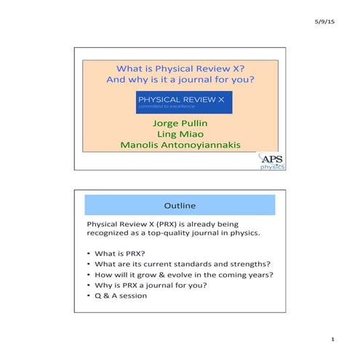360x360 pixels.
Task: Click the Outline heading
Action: (180, 206)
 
